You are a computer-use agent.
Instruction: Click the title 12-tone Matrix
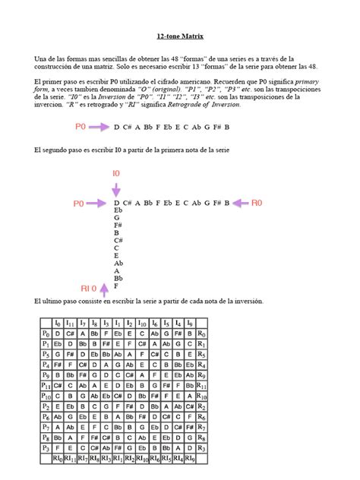point(179,36)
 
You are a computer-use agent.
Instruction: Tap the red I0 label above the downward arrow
point(116,174)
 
